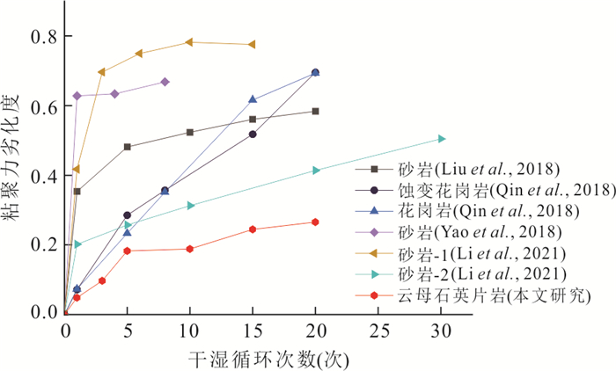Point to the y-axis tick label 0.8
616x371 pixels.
[41, 37]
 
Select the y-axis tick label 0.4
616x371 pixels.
[41, 175]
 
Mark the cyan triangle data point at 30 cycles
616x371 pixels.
[442, 139]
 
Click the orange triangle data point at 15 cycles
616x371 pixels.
[253, 44]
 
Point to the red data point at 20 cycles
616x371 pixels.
[316, 222]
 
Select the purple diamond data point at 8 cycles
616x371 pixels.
[165, 82]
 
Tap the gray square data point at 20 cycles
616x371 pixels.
[316, 111]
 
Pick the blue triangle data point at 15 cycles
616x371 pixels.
[253, 99]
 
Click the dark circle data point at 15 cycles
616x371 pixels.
[253, 134]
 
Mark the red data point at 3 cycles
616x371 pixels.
[102, 280]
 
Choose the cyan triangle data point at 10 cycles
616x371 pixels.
[190, 206]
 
